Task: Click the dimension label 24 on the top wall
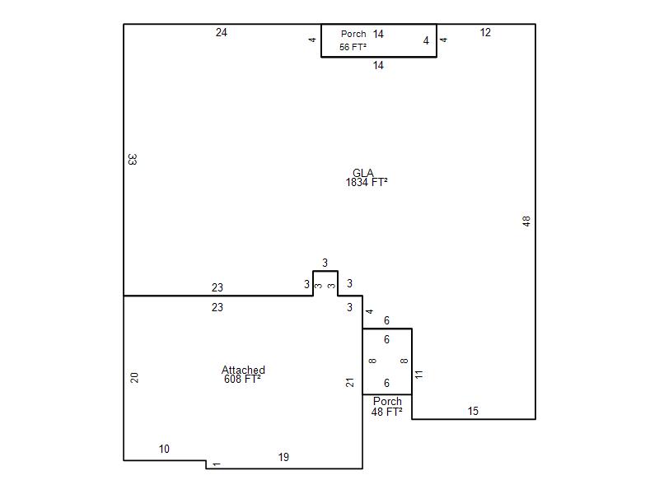[222, 32]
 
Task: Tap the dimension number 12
[485, 32]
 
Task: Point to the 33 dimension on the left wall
[132, 159]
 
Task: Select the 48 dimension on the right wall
[526, 221]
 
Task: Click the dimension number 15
[473, 411]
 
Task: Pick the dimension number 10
[164, 449]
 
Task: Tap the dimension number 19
[283, 457]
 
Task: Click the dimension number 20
[134, 378]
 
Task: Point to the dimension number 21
[349, 382]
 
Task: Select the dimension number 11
[418, 375]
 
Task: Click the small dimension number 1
[216, 464]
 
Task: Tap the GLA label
[362, 173]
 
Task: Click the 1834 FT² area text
[367, 182]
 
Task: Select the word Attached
[243, 370]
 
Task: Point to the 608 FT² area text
[242, 379]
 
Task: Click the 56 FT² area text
[353, 47]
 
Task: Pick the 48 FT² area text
[386, 412]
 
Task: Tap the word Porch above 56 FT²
[353, 34]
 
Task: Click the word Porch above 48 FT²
[387, 401]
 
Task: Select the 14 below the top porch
[378, 65]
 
